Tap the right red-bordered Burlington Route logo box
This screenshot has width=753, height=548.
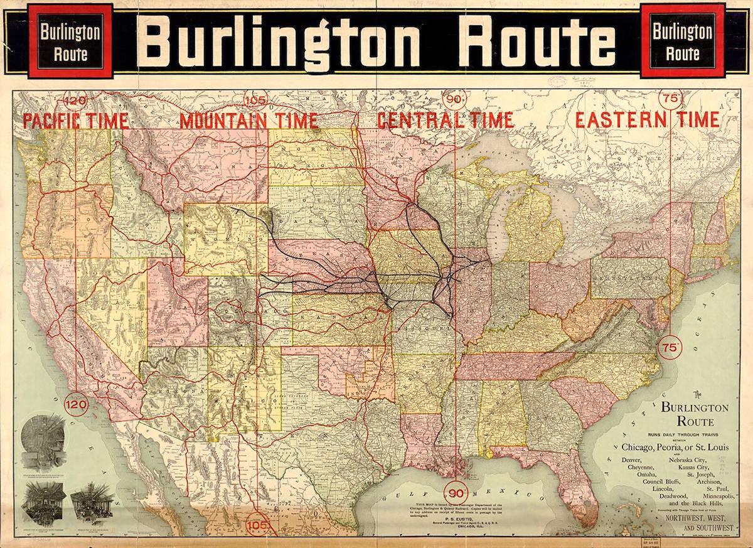pyautogui.click(x=682, y=41)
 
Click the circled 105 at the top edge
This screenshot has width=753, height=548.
pyautogui.click(x=257, y=99)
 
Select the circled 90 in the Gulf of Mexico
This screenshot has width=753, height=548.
pyautogui.click(x=454, y=492)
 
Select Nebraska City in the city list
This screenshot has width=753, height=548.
pyautogui.click(x=688, y=461)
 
